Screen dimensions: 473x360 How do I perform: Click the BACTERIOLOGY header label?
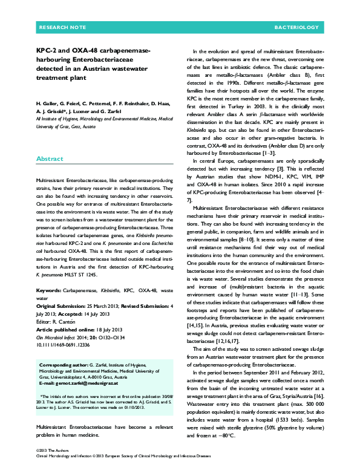296,28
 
